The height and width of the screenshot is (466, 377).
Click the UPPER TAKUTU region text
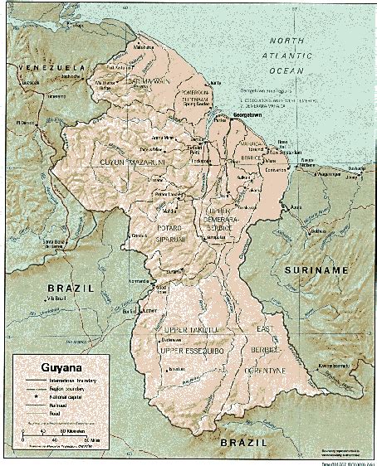190,330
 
